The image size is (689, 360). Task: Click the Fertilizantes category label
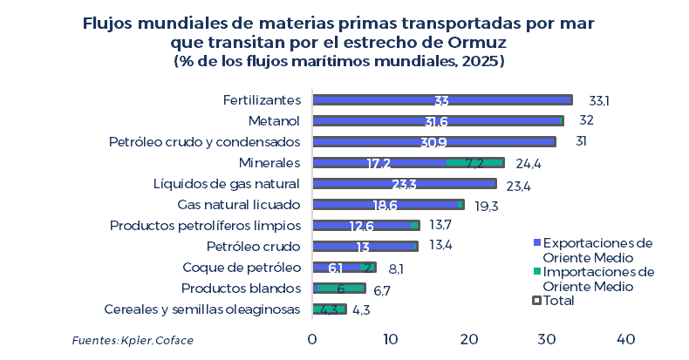point(261,100)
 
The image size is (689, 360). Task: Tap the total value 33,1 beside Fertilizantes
point(598,100)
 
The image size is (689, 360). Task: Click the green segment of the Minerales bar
point(475,163)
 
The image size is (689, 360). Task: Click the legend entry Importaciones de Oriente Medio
point(597,279)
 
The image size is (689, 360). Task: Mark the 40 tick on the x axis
point(625,338)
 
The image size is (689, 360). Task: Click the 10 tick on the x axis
point(390,338)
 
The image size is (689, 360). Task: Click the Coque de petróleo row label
point(241,268)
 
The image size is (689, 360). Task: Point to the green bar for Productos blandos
point(338,289)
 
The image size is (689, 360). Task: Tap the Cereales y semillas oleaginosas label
point(201,309)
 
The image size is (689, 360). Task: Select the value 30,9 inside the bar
point(433,142)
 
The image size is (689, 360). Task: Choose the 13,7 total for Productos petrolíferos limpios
point(441,226)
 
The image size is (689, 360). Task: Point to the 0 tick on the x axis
point(312,338)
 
